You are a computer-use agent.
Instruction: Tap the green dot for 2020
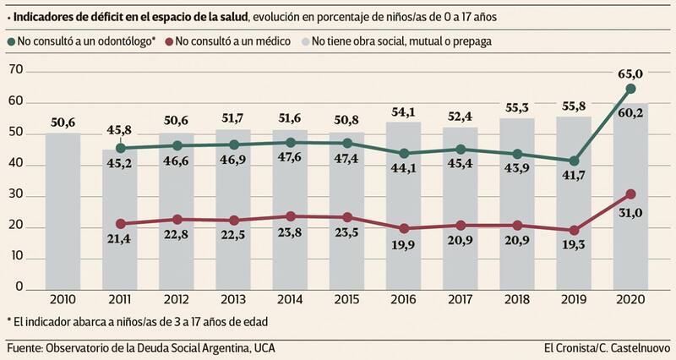630,89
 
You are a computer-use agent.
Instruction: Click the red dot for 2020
630,194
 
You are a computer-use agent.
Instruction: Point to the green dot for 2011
120,148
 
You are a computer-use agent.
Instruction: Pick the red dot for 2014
290,216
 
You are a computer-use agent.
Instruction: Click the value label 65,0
630,74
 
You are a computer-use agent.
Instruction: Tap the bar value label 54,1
403,112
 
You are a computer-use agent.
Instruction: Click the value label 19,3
574,250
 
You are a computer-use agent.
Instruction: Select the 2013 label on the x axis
233,300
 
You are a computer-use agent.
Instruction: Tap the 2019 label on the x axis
574,300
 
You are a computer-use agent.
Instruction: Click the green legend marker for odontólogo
10,41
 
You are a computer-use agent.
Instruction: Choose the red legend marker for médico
169,41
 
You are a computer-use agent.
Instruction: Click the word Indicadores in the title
47,14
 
